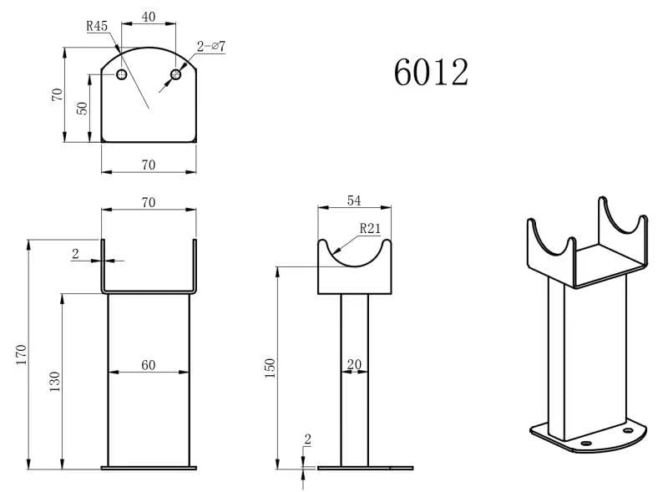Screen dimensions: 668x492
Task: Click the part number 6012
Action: (x=431, y=72)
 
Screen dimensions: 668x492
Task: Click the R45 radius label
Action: (x=97, y=26)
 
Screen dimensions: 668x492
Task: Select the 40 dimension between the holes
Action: (x=149, y=17)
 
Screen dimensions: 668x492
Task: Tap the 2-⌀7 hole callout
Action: (x=211, y=46)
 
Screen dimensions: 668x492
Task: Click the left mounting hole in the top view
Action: (x=121, y=74)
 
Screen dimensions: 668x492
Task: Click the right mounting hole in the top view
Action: (x=175, y=74)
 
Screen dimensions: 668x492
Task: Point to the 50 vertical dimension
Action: (x=82, y=109)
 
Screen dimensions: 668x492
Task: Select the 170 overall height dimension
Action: (x=21, y=354)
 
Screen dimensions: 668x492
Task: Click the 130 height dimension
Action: (x=54, y=382)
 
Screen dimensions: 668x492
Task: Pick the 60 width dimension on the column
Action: (x=149, y=365)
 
